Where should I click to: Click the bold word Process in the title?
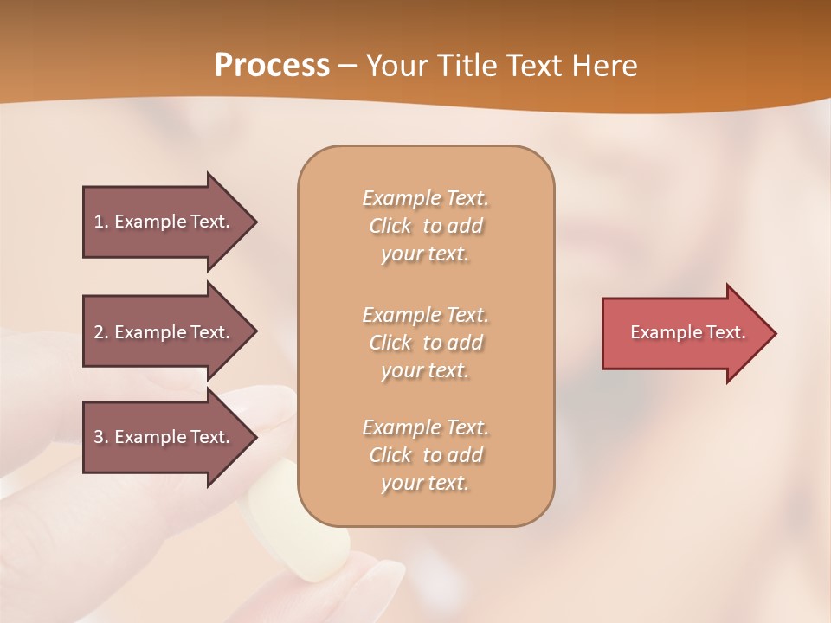coord(272,66)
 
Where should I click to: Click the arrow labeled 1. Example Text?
coord(164,222)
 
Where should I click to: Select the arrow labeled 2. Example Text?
coord(164,332)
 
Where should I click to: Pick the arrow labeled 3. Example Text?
coord(164,437)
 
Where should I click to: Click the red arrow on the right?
coord(684,333)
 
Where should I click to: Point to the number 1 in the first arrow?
coord(99,222)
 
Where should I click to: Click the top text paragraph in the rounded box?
coord(425,226)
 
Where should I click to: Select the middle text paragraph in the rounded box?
coord(425,343)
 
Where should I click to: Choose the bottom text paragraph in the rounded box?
coord(425,455)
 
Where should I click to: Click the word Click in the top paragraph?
coord(390,226)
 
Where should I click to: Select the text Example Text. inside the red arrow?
coord(688,332)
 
